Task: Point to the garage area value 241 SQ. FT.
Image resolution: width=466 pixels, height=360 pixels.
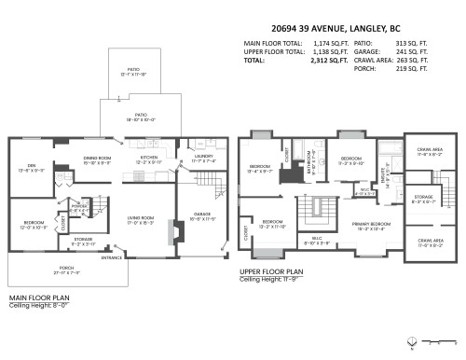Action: pyautogui.click(x=411, y=51)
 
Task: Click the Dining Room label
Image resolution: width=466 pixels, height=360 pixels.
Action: pyautogui.click(x=97, y=159)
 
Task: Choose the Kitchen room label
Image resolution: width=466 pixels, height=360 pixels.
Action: pyautogui.click(x=150, y=159)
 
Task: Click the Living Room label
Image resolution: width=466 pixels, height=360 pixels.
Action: pyautogui.click(x=141, y=220)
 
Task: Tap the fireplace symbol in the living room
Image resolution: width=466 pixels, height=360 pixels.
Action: pyautogui.click(x=170, y=229)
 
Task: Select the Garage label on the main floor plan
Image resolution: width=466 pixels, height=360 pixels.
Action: pyautogui.click(x=203, y=216)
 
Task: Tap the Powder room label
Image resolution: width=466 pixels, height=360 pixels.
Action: pyautogui.click(x=79, y=206)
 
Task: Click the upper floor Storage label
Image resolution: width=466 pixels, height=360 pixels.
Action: pyautogui.click(x=423, y=198)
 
